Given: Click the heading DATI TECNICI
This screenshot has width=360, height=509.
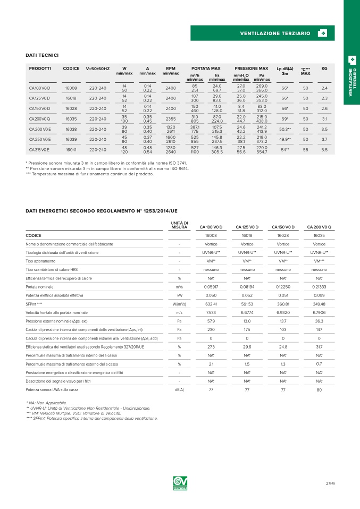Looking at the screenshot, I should [x=42, y=55].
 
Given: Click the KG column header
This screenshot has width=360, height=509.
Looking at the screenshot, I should [x=324, y=69].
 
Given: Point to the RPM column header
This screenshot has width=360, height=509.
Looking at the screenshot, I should [x=171, y=69].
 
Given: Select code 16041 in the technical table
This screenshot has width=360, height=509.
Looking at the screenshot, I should [x=71, y=150].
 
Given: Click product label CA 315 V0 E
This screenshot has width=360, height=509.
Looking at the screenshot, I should [x=40, y=150].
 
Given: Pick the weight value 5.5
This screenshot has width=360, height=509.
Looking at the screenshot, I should [x=324, y=150].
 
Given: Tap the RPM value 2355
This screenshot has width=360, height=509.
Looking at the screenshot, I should [x=171, y=119].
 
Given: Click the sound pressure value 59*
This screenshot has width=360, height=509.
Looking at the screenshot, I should [x=285, y=119].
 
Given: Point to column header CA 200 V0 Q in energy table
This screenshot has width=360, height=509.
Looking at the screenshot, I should [x=319, y=227].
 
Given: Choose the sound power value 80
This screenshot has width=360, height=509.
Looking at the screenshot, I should [x=319, y=389].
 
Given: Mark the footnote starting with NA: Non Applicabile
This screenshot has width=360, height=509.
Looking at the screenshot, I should [x=47, y=403].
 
